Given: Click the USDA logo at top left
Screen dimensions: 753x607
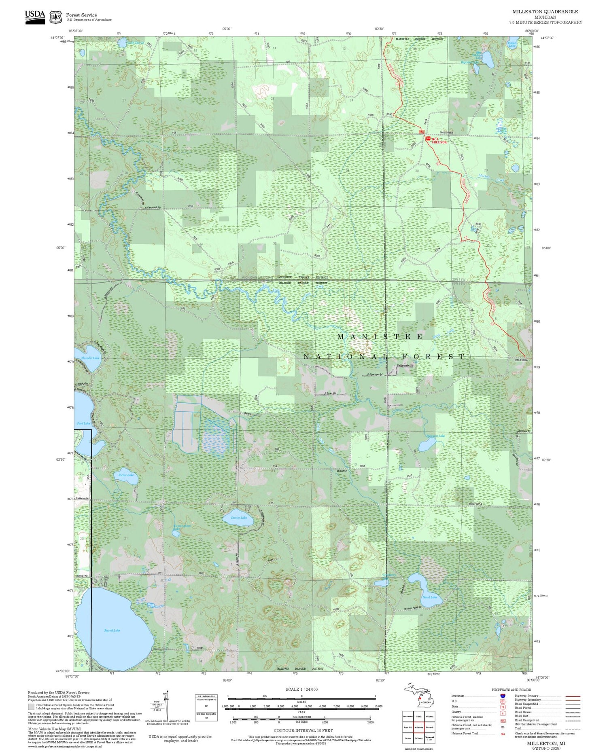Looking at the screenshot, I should click(35, 17).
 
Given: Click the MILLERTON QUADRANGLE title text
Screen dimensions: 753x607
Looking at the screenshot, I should click(545, 12).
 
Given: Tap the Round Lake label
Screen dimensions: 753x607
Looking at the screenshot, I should click(112, 630).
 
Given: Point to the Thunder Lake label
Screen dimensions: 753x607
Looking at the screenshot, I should click(90, 358).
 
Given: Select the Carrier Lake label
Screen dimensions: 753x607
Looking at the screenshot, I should click(238, 518).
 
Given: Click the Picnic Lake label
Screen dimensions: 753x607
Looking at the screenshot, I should click(126, 475).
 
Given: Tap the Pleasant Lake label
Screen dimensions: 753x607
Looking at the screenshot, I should click(435, 436).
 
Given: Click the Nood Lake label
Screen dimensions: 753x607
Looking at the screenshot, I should click(429, 597).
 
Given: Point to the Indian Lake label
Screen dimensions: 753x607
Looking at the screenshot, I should click(512, 44).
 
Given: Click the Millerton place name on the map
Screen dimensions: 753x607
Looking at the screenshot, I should click(342, 471).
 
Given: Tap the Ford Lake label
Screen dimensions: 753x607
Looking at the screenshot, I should click(84, 423).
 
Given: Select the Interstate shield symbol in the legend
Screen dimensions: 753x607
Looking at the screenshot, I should click(503, 696).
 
